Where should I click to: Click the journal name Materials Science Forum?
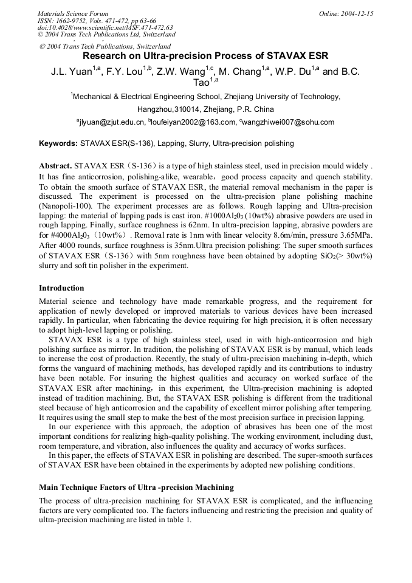coord(73,13)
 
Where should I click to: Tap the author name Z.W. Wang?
coord(183,72)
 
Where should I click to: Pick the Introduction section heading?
coord(61,288)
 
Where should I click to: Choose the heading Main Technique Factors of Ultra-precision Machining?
coord(136,488)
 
